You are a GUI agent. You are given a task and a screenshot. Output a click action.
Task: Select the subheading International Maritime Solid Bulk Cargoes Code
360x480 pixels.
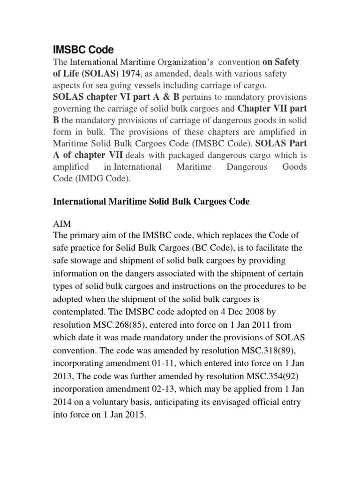point(151,202)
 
